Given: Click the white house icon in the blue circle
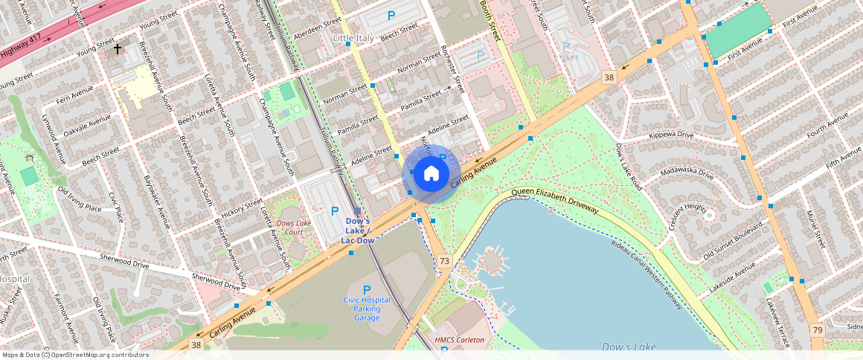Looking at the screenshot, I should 431,174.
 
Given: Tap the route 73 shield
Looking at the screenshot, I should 444,260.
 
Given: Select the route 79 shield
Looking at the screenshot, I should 817,329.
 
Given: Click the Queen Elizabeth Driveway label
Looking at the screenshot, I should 555,200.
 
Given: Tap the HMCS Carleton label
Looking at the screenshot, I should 459,340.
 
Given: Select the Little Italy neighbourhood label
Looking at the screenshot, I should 354,38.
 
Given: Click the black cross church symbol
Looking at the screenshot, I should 118,49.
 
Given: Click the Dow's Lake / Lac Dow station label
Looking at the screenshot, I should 357,231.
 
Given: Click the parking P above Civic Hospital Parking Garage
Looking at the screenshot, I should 366,289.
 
